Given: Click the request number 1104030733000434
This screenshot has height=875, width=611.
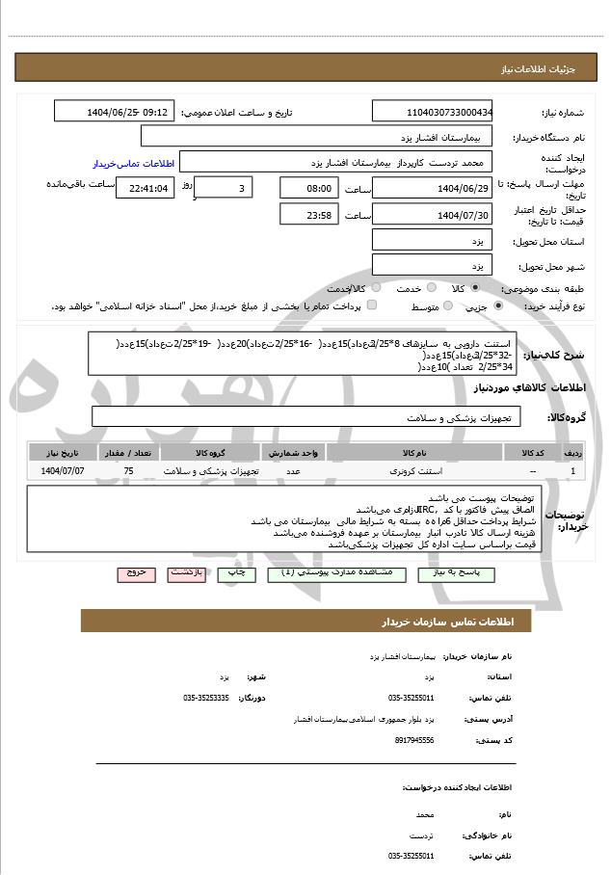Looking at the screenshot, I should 433,112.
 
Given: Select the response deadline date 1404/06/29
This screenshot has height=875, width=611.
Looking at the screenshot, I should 433,188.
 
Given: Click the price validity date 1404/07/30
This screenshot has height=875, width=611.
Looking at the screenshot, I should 433,215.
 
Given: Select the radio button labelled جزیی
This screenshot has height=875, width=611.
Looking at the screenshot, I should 498,305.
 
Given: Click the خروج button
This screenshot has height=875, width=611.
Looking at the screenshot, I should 135,572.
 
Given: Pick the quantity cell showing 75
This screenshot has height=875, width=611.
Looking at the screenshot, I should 128,470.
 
